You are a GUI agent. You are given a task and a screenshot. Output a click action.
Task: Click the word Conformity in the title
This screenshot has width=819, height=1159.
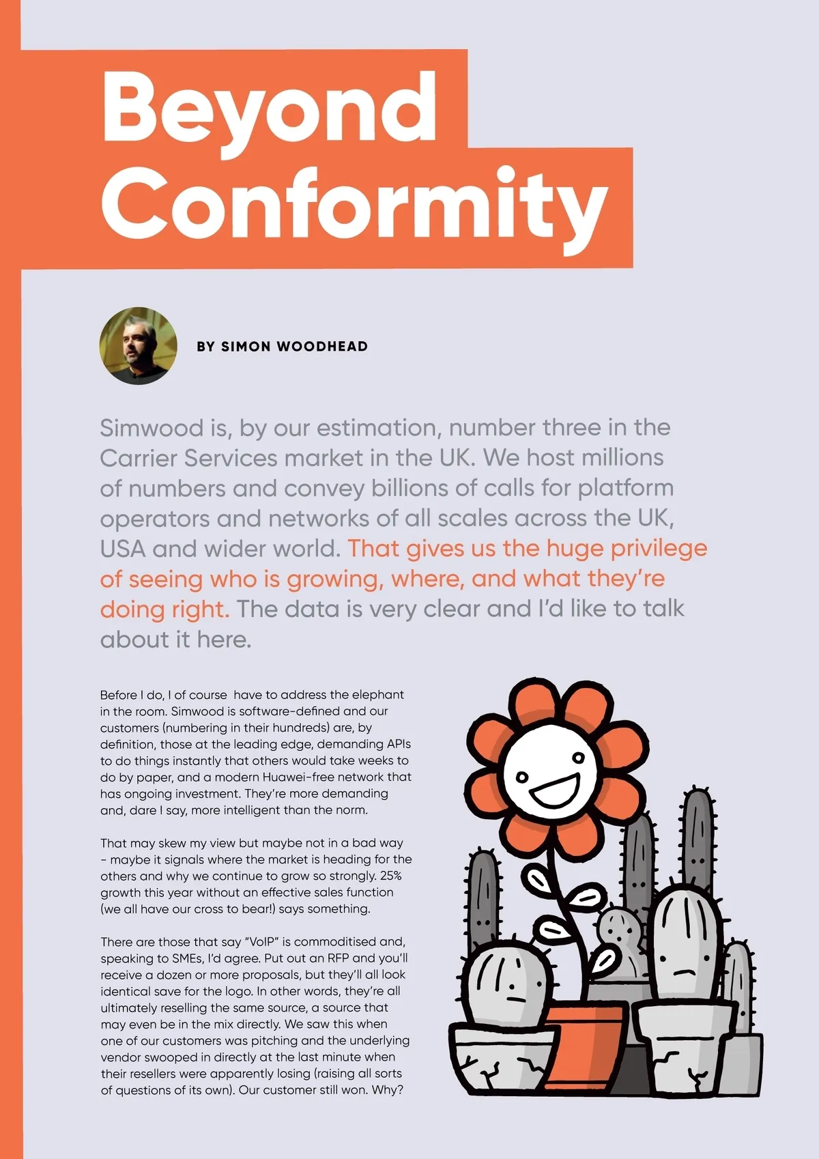pos(354,203)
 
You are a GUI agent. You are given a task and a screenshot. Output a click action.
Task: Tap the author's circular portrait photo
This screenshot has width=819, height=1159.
pos(138,345)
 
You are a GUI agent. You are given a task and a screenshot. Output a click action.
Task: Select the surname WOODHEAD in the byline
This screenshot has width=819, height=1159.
pos(322,347)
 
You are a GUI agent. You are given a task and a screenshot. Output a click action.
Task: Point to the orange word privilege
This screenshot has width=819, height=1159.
pos(659,549)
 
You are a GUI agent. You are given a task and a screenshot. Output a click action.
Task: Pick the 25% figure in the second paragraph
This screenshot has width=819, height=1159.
pos(391,876)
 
